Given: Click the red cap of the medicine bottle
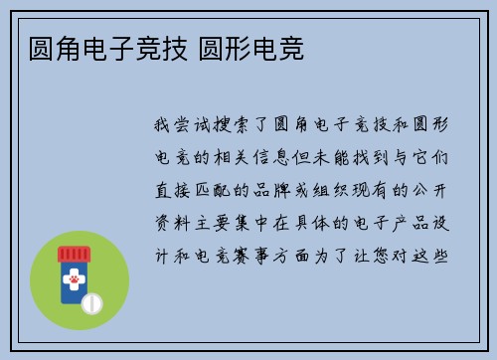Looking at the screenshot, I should [x=74, y=254].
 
